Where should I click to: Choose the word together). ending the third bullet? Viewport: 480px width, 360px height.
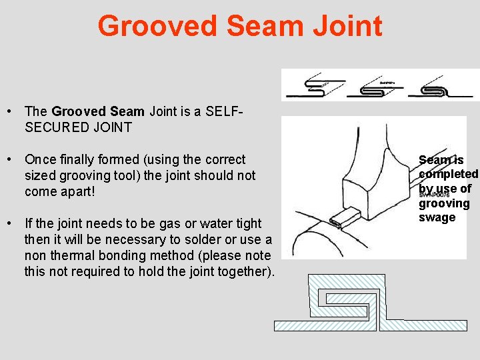click(x=240, y=271)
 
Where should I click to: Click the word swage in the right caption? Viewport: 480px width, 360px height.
click(x=437, y=217)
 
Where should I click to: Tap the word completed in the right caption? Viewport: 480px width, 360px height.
click(x=448, y=174)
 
